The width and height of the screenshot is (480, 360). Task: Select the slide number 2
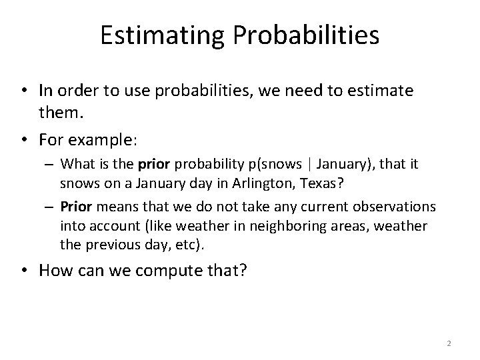pyautogui.click(x=449, y=343)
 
